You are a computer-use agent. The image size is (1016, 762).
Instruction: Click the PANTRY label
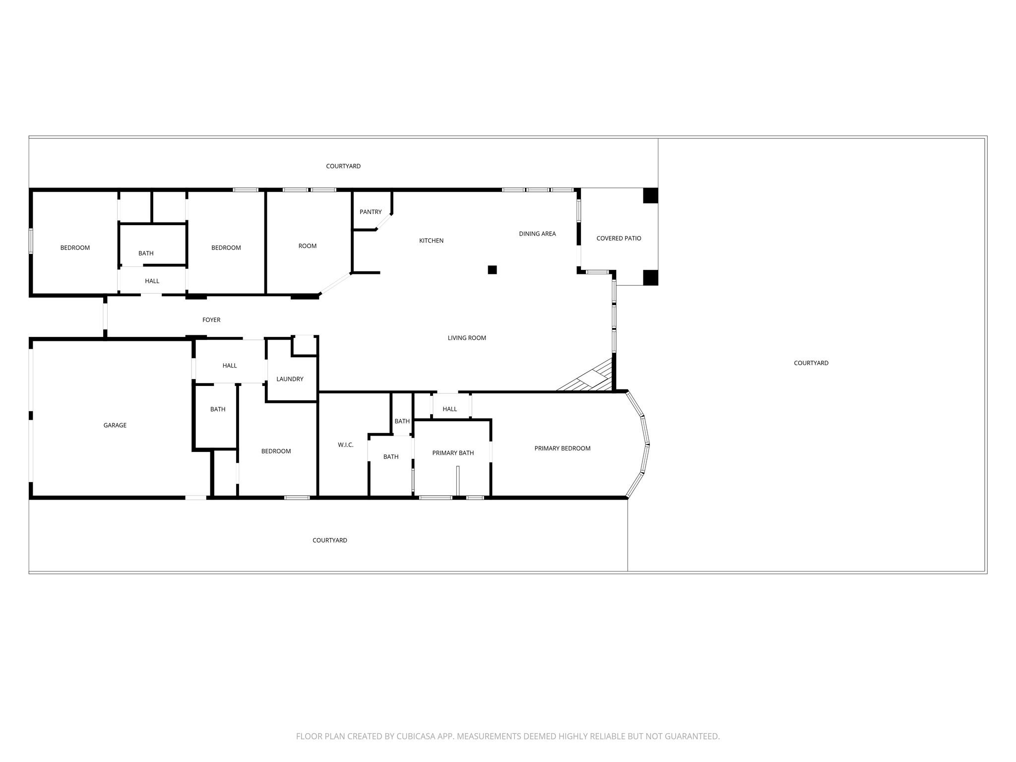tap(371, 212)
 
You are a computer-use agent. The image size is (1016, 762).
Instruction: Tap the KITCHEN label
tap(431, 241)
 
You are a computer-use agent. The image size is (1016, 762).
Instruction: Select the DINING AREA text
tap(537, 234)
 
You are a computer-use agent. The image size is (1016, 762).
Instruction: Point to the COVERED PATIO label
tap(619, 239)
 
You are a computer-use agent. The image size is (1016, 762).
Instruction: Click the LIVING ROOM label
tap(467, 338)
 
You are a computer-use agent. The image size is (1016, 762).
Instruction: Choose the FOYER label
tap(211, 320)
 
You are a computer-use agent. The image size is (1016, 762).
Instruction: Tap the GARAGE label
tap(115, 425)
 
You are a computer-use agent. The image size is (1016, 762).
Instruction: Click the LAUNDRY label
tap(290, 379)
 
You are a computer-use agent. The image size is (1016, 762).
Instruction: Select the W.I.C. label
tap(346, 445)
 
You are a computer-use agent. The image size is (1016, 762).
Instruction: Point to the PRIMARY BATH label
tap(453, 453)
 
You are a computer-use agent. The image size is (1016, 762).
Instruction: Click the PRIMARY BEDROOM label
tap(562, 448)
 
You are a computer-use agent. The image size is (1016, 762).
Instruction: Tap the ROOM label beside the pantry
tap(308, 246)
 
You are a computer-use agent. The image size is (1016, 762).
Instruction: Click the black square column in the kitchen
tap(492, 270)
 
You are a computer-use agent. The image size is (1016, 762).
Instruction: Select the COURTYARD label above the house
tap(343, 166)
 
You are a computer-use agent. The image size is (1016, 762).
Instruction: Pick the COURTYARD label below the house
tap(330, 540)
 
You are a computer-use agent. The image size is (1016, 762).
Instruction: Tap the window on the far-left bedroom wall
tap(31, 241)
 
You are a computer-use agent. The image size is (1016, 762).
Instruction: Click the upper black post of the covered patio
tap(650, 195)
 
